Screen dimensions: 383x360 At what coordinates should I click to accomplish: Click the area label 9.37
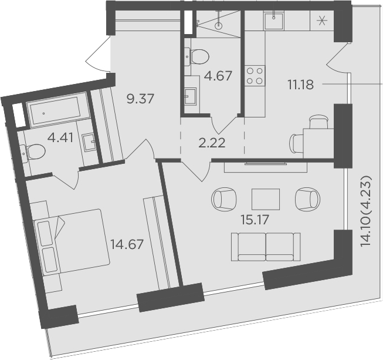point(140,99)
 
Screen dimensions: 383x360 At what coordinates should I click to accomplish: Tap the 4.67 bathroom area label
point(218,76)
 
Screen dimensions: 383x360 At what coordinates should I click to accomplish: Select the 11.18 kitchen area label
point(300,85)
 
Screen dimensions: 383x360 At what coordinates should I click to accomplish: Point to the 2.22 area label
point(212,143)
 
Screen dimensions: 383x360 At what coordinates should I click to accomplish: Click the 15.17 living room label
point(255,220)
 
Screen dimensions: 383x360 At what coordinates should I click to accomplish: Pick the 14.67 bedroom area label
point(127,244)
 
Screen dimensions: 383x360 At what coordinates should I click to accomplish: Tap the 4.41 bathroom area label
point(60,138)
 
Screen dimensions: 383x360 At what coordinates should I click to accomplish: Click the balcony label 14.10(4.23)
point(367,211)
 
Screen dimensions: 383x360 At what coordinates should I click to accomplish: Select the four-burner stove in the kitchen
point(255,75)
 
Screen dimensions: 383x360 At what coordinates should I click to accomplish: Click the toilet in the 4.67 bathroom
point(198,57)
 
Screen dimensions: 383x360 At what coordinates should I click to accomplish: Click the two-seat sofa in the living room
point(266,247)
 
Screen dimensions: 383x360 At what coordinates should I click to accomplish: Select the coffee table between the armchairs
point(266,199)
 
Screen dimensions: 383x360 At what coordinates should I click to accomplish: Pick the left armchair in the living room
point(224,199)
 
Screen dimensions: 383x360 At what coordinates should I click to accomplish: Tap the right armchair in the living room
point(308,199)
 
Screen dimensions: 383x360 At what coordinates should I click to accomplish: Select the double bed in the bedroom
point(72,241)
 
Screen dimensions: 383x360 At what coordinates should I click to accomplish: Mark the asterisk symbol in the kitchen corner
point(322,21)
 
